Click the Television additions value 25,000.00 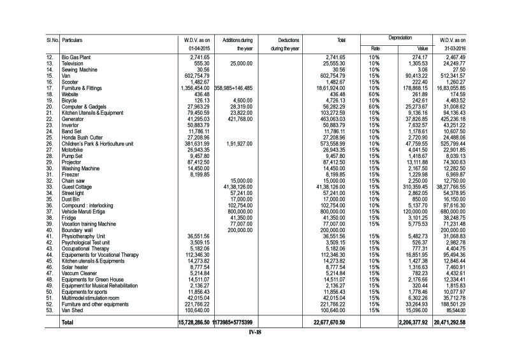(242, 64)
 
